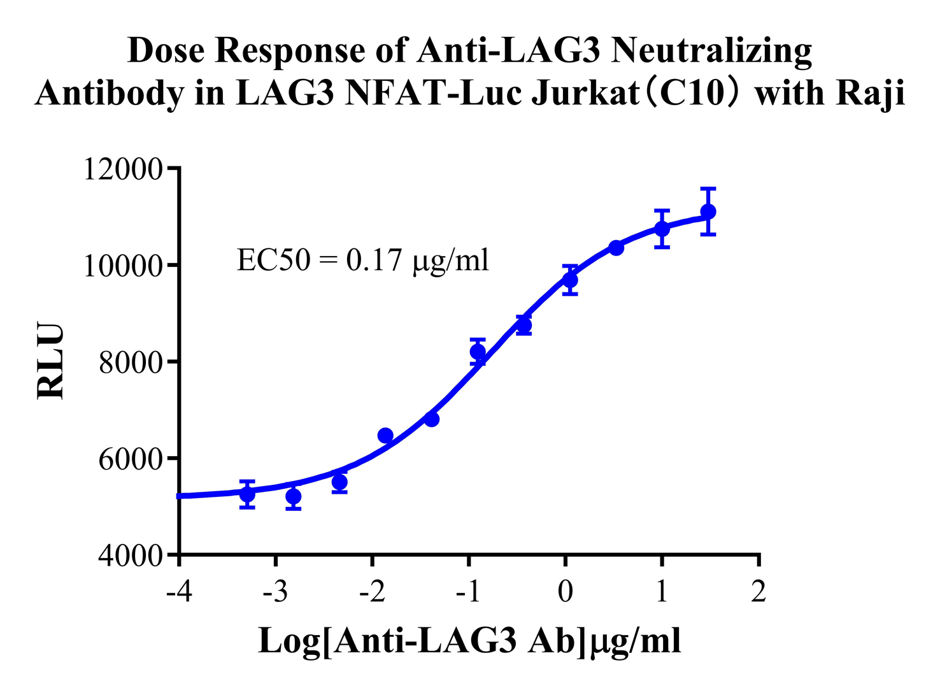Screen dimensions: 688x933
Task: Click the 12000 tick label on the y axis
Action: click(124, 169)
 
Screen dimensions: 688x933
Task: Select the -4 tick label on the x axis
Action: click(178, 592)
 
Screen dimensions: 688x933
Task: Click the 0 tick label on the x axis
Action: click(565, 592)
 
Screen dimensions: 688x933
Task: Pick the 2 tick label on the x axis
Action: click(758, 592)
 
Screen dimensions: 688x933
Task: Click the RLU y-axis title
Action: click(51, 361)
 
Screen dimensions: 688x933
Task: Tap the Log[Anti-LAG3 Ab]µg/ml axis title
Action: click(469, 641)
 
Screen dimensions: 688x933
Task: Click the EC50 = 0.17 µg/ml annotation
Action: click(362, 260)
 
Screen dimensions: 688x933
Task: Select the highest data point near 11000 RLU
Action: click(708, 211)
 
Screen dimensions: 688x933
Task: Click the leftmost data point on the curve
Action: click(247, 494)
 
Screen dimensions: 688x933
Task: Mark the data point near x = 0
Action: click(570, 280)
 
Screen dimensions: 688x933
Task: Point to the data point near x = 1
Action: click(662, 228)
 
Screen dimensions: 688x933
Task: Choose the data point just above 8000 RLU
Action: click(478, 351)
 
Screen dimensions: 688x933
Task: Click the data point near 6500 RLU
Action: click(385, 436)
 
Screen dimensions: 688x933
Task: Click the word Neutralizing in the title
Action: click(711, 51)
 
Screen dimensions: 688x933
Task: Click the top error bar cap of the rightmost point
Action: click(708, 189)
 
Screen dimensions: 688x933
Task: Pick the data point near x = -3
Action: click(294, 496)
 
